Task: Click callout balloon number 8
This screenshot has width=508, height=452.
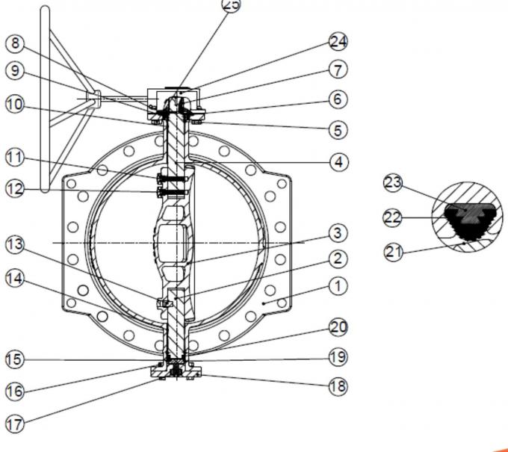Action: [15, 43]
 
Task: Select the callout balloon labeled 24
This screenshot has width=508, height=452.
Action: [338, 42]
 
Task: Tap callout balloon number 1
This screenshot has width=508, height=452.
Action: [338, 286]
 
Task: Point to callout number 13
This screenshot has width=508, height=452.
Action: [15, 244]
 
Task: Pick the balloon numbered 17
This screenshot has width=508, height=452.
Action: [15, 424]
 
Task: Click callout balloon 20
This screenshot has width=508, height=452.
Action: [338, 327]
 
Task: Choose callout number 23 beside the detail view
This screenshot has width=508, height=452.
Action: [393, 183]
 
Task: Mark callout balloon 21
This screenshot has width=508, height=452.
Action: [394, 252]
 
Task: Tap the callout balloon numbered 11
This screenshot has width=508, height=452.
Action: [15, 158]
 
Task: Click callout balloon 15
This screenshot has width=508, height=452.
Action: [15, 359]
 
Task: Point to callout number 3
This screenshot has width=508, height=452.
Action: [338, 233]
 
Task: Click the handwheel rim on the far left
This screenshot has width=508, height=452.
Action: [45, 99]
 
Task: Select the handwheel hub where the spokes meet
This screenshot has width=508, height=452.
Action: [93, 98]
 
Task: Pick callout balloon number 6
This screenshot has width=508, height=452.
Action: [338, 99]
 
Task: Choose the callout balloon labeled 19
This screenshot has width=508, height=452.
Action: [338, 357]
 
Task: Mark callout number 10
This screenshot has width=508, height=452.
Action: [15, 105]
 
